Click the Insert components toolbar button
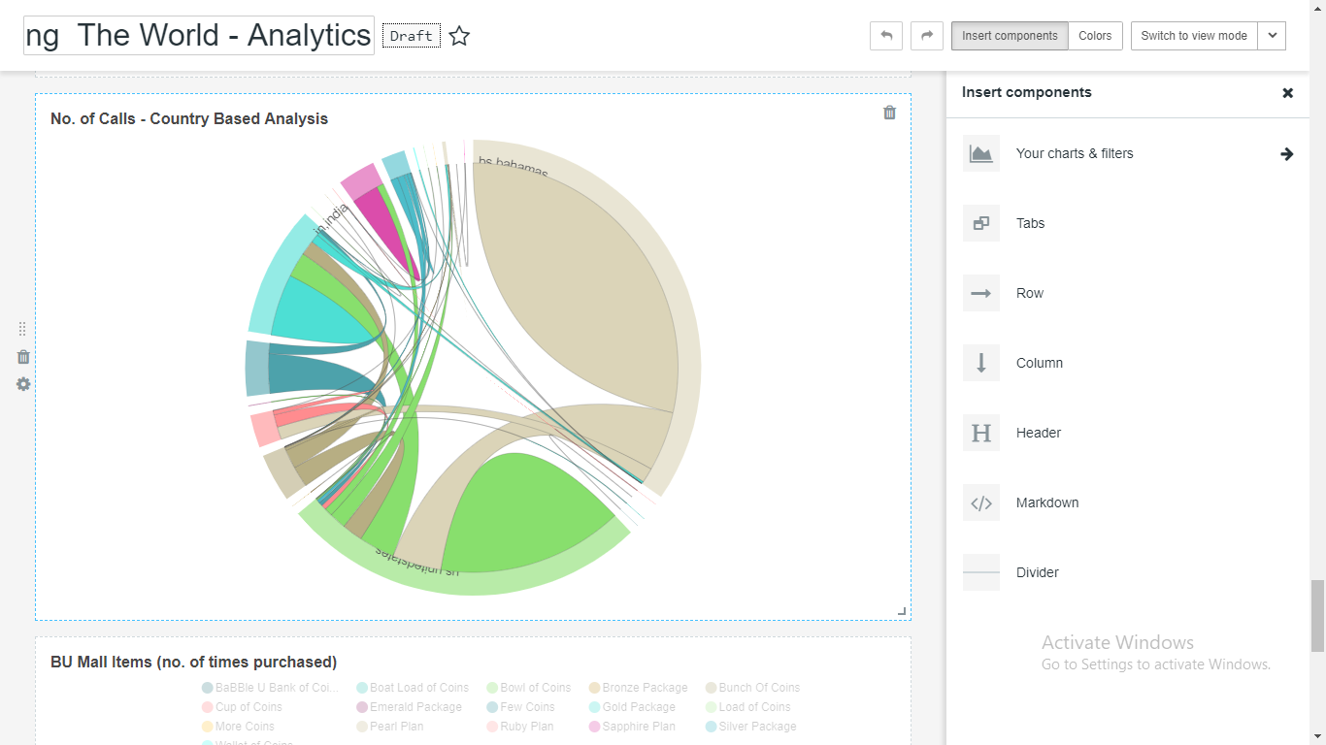point(1010,36)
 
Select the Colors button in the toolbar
point(1095,36)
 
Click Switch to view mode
point(1193,36)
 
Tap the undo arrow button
point(886,36)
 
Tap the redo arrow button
point(927,36)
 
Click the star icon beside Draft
point(459,37)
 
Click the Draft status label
point(412,37)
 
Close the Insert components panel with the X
point(1287,93)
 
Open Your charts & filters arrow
point(1286,154)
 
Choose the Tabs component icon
point(981,223)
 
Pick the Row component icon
point(981,293)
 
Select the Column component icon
point(981,363)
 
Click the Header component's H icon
point(981,433)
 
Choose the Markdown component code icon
point(981,502)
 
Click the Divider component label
point(1037,572)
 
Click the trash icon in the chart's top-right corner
point(889,113)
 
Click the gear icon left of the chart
point(23,384)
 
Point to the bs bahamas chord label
point(514,168)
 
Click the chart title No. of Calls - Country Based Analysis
point(189,118)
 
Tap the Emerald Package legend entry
point(414,707)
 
